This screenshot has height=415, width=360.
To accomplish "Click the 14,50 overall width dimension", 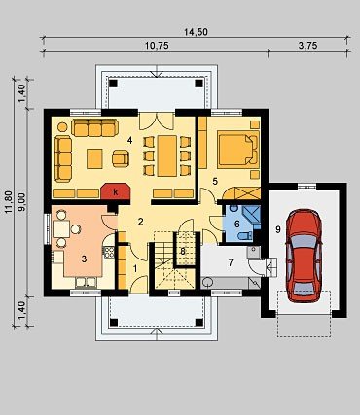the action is pyautogui.click(x=196, y=32).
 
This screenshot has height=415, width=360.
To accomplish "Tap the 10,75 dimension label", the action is pyautogui.click(x=157, y=46).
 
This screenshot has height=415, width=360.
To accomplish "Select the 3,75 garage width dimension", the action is pyautogui.click(x=307, y=46).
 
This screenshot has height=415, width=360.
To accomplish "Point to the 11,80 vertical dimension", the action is pyautogui.click(x=9, y=201).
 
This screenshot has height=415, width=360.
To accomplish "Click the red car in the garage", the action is pyautogui.click(x=304, y=256).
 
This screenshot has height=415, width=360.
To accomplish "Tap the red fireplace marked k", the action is pyautogui.click(x=116, y=191).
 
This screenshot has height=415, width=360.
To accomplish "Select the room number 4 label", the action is pyautogui.click(x=130, y=141).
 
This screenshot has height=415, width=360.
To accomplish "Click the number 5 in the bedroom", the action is pyautogui.click(x=215, y=182).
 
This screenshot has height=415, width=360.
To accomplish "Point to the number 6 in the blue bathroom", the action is pyautogui.click(x=236, y=224).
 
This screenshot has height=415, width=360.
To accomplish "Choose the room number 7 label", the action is pyautogui.click(x=231, y=262).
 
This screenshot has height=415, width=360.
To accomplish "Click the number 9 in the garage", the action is pyautogui.click(x=278, y=229).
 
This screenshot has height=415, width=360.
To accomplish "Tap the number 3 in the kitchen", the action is pyautogui.click(x=84, y=259).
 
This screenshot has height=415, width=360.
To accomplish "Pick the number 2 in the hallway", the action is pyautogui.click(x=140, y=222).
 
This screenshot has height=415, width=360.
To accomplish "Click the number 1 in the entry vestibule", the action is pyautogui.click(x=135, y=268).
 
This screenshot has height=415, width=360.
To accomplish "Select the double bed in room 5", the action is pyautogui.click(x=238, y=150).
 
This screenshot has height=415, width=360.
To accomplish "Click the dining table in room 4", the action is pyautogui.click(x=167, y=156).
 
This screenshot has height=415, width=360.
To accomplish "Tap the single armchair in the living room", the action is pyautogui.click(x=121, y=158).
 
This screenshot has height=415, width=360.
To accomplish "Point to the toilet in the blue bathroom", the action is pyautogui.click(x=245, y=236).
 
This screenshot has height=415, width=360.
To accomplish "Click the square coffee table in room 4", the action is pyautogui.click(x=94, y=158).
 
